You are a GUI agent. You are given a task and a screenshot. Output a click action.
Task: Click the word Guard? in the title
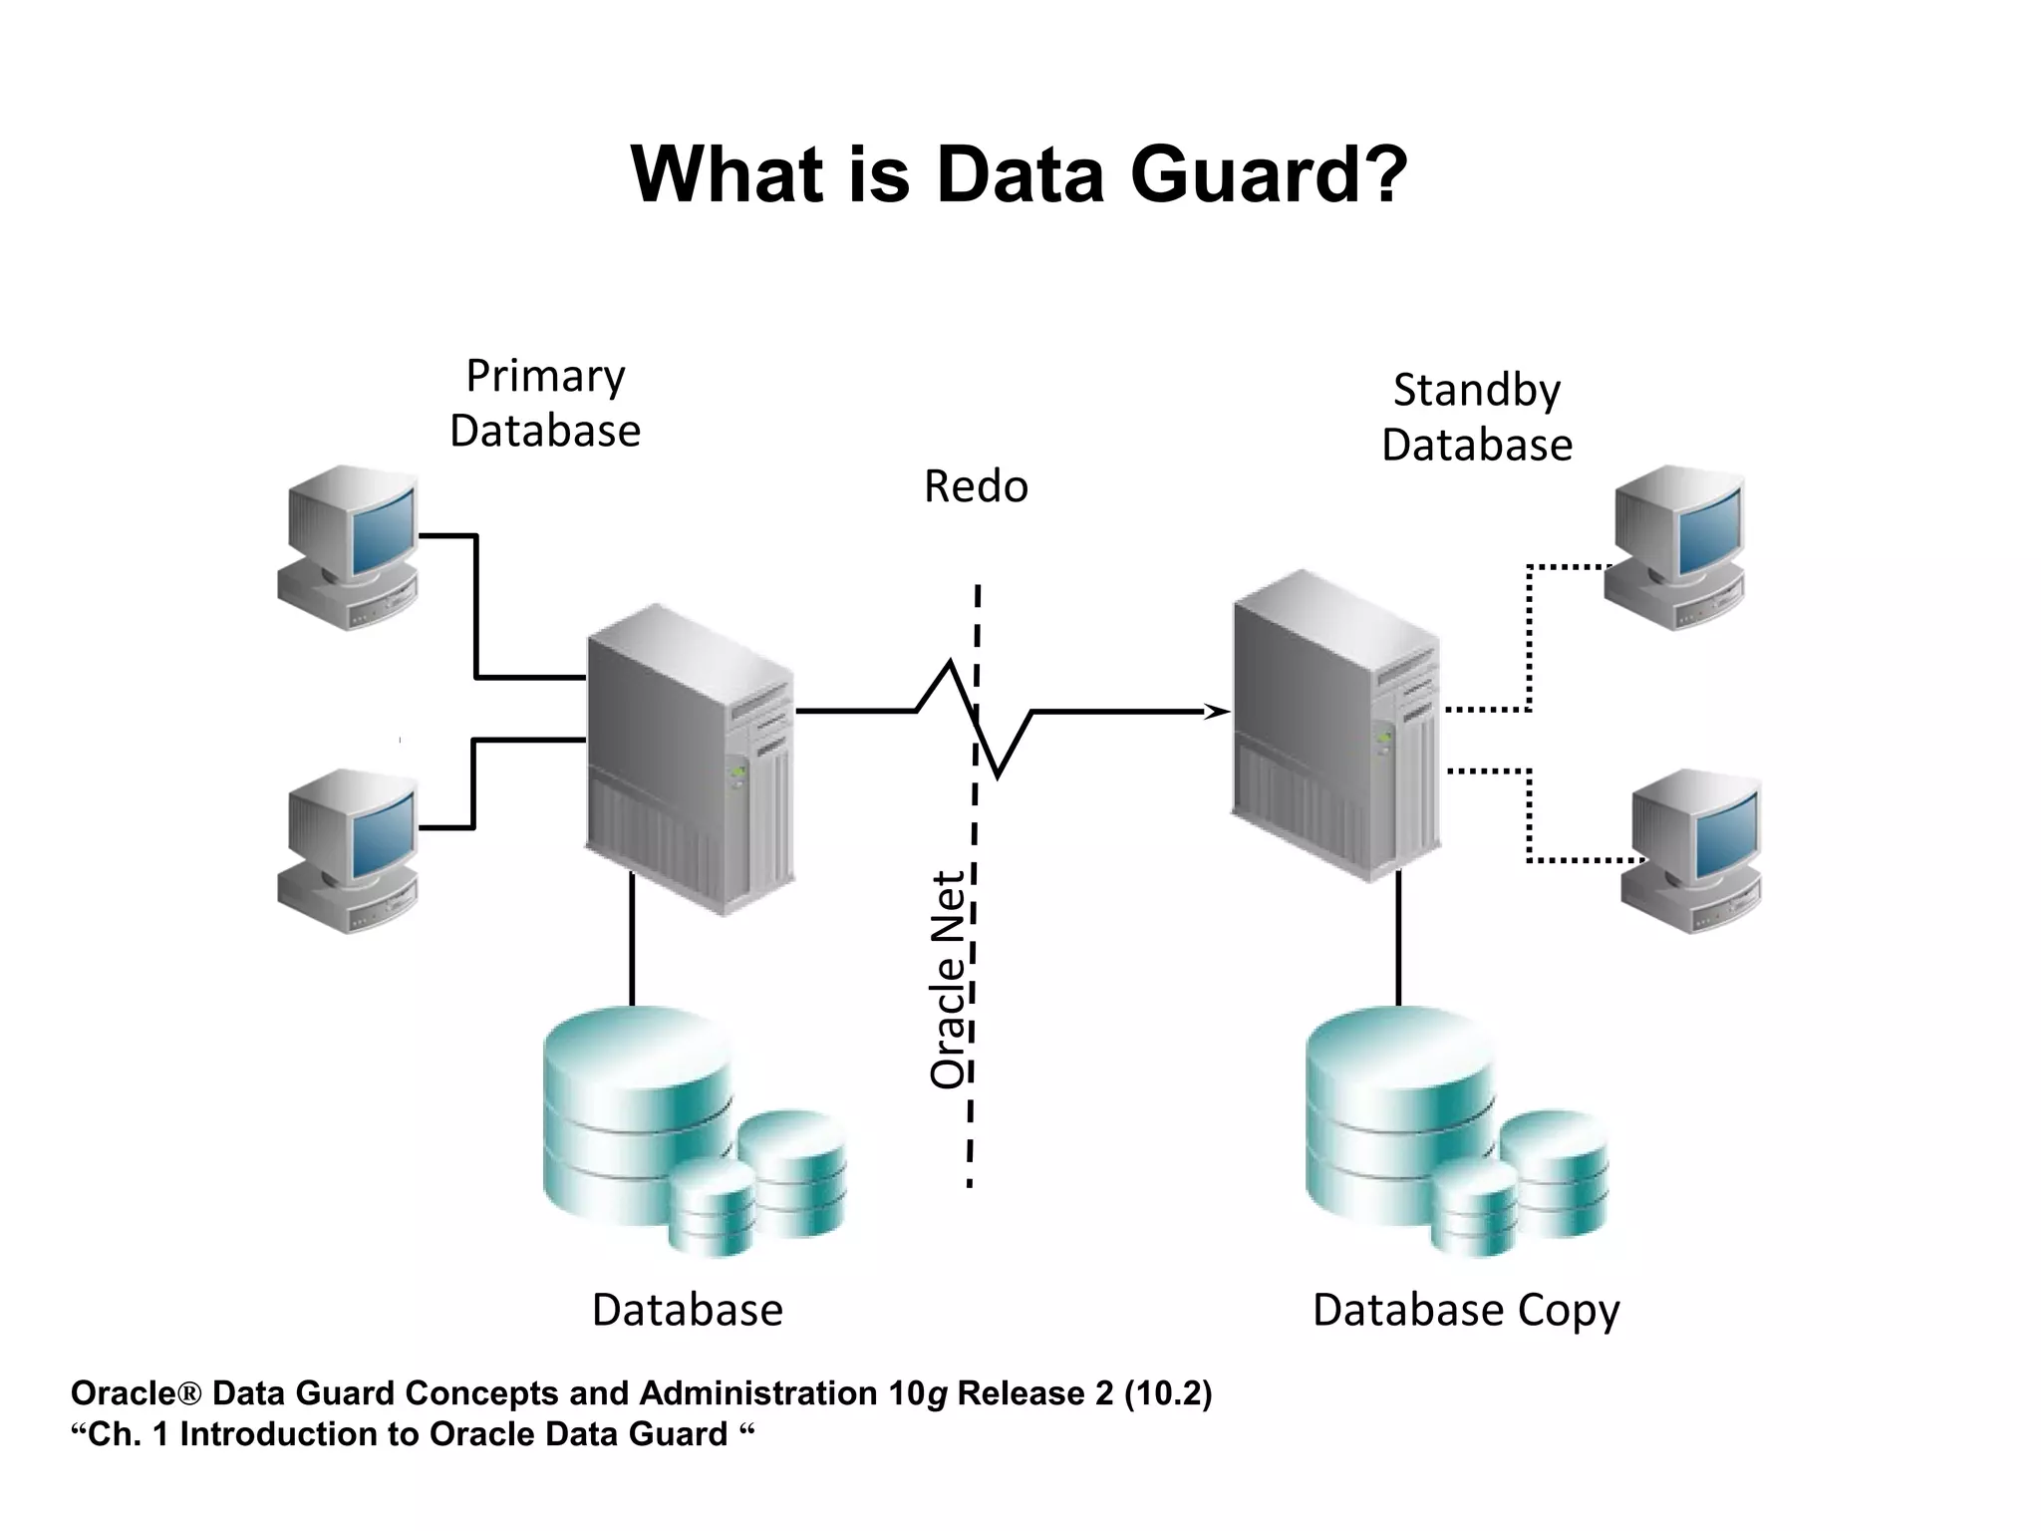pyautogui.click(x=1269, y=175)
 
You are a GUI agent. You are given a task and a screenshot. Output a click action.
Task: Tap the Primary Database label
pyautogui.click(x=545, y=404)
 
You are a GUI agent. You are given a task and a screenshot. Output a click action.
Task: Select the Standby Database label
pyautogui.click(x=1476, y=418)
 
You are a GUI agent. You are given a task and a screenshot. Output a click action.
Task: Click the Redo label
pyautogui.click(x=976, y=487)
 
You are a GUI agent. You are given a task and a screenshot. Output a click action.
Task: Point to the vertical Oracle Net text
pyautogui.click(x=949, y=979)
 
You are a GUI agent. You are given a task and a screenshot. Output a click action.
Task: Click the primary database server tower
pyautogui.click(x=690, y=758)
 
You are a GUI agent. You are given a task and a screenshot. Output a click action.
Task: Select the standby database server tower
pyautogui.click(x=1335, y=726)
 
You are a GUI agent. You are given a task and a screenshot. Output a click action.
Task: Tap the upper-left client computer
pyautogui.click(x=348, y=546)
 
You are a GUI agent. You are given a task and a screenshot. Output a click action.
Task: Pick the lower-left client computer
pyautogui.click(x=348, y=850)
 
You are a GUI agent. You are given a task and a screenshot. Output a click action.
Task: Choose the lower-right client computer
pyautogui.click(x=1691, y=850)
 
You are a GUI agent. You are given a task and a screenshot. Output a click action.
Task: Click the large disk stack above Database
pyautogui.click(x=638, y=1106)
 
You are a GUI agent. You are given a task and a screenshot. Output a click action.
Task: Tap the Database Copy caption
pyautogui.click(x=1466, y=1311)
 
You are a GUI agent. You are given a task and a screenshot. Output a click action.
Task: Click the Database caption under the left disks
pyautogui.click(x=688, y=1311)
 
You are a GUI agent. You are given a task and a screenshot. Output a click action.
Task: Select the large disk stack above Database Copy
pyautogui.click(x=1400, y=1106)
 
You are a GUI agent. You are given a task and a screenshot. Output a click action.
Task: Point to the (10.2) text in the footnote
pyautogui.click(x=1168, y=1393)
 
